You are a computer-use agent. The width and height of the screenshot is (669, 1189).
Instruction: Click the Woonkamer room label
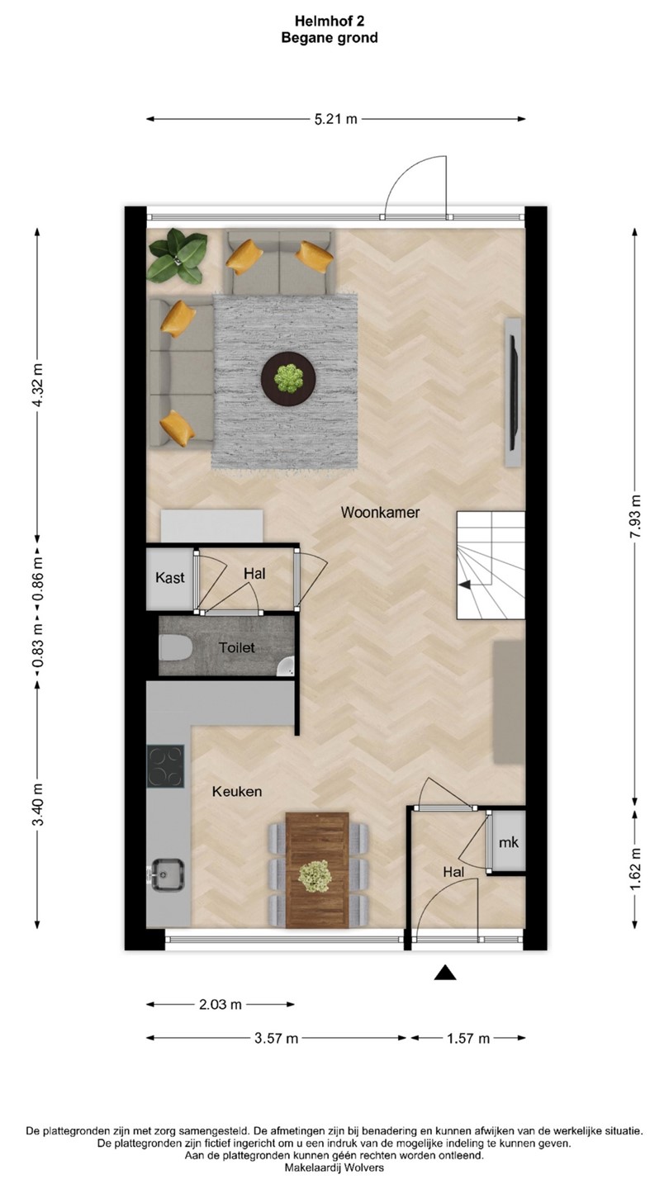(x=380, y=512)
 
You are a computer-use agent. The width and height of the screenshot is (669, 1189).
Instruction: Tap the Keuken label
(x=237, y=791)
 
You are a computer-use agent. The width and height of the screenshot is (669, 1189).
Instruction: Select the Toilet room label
(x=237, y=647)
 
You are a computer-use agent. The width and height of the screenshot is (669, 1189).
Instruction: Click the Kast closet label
(x=170, y=577)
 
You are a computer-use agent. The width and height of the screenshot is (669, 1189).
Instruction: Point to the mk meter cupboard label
(x=509, y=842)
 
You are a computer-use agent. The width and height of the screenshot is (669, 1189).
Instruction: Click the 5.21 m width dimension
(x=335, y=119)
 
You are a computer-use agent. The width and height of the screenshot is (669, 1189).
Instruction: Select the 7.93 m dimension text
(x=635, y=516)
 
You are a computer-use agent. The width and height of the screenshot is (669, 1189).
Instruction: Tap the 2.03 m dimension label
(x=221, y=1004)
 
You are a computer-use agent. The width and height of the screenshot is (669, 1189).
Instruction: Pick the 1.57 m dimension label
(x=468, y=1038)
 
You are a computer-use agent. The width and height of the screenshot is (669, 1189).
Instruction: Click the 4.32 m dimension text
(x=37, y=386)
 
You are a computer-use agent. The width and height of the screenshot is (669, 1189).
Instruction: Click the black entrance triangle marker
(x=445, y=973)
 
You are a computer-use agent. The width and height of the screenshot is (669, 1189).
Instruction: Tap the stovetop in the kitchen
(x=166, y=766)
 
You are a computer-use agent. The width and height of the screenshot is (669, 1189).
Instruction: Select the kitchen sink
(x=166, y=874)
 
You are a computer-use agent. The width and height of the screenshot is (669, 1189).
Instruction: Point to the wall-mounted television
(x=514, y=393)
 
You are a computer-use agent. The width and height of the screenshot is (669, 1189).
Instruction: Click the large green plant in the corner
(x=178, y=256)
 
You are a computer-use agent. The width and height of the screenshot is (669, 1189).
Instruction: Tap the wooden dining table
(x=317, y=870)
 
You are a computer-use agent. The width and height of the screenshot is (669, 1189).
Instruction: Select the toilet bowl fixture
(x=175, y=647)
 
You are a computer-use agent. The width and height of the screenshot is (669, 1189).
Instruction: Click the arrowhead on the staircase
(x=464, y=585)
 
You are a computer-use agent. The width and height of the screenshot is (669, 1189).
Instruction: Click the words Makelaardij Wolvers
(x=334, y=1168)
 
